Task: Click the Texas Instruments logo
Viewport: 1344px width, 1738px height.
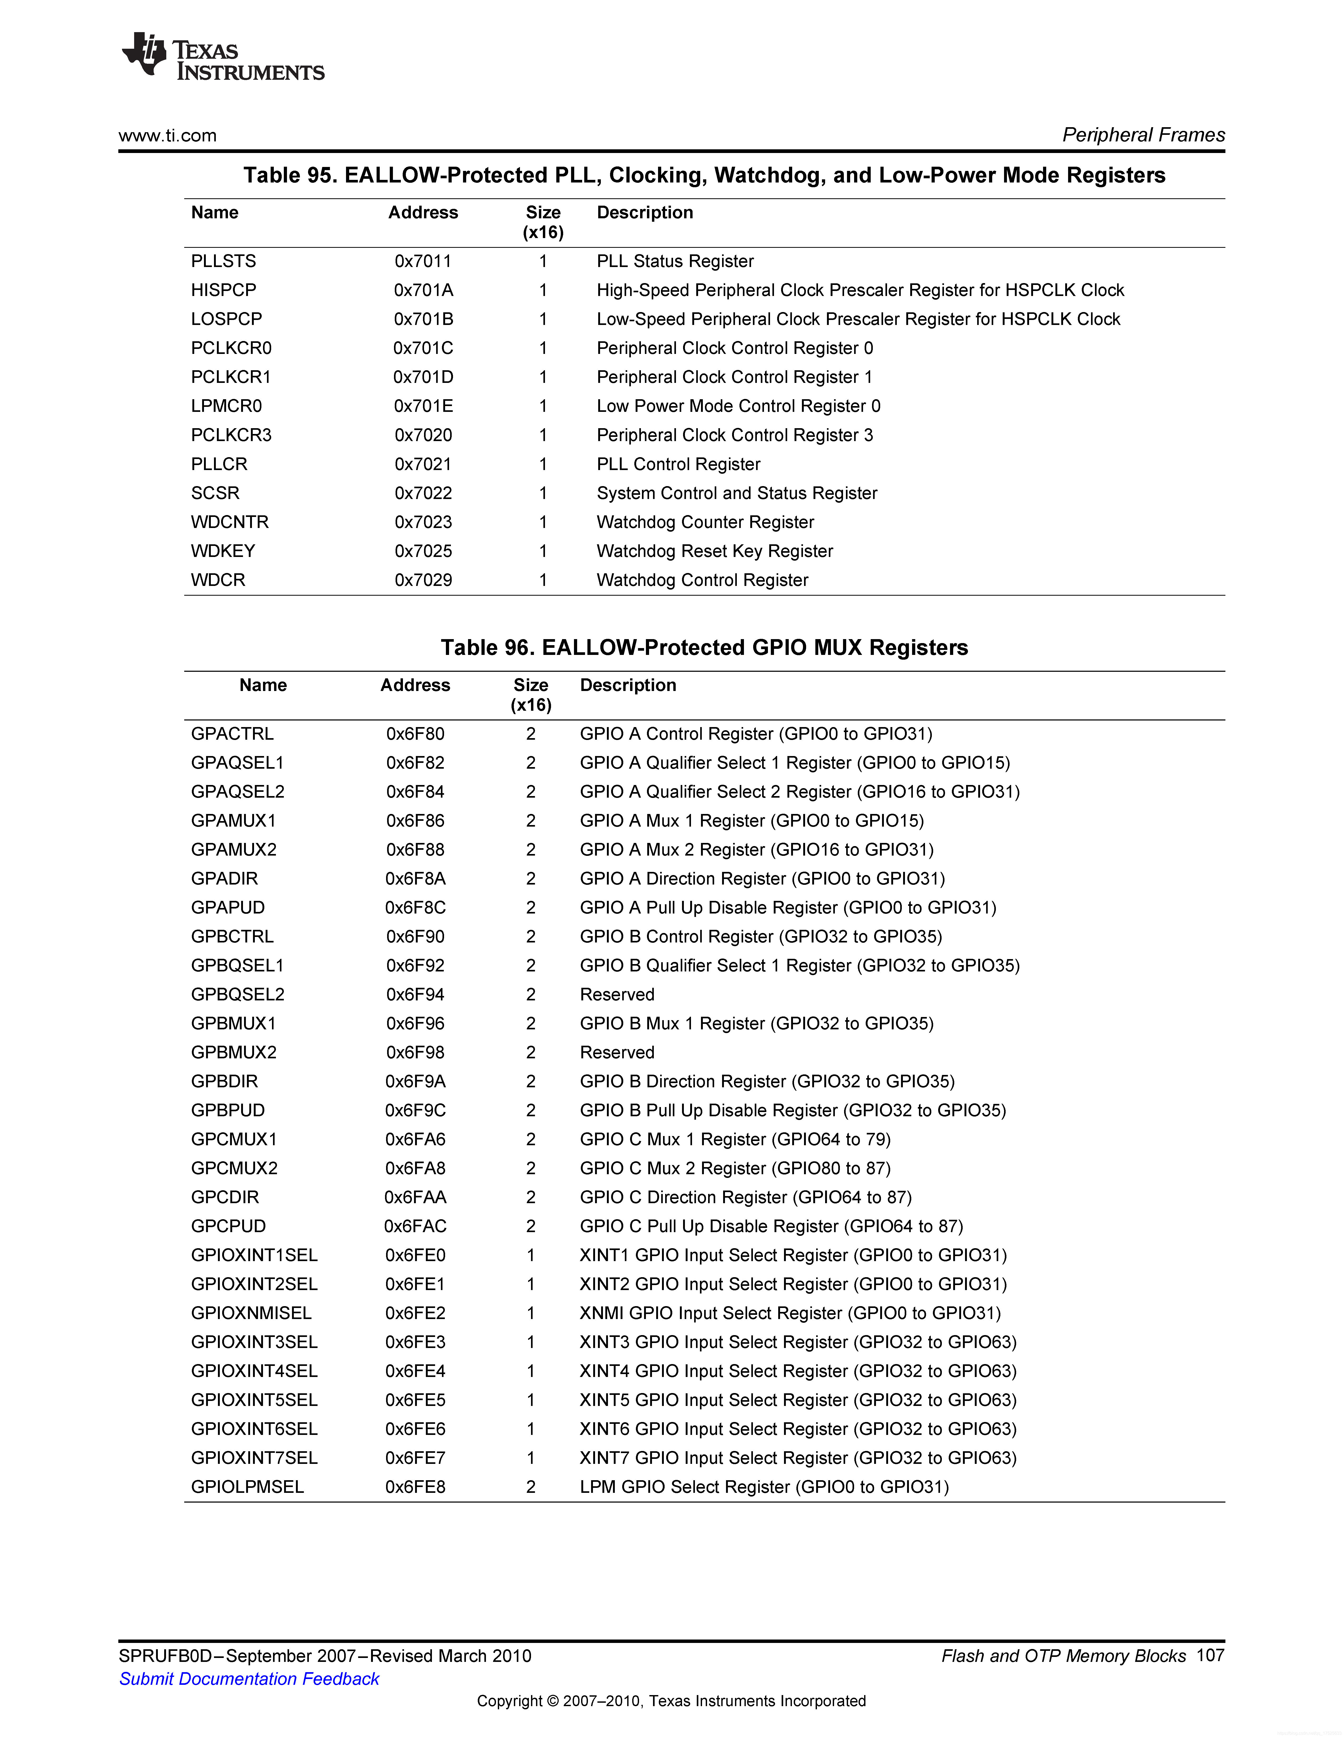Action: pos(223,57)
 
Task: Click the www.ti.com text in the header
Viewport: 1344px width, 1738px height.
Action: pos(167,135)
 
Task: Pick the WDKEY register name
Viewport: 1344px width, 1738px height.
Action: pos(223,551)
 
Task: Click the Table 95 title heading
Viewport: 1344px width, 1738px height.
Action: pos(704,175)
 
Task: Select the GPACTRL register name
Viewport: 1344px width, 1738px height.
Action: pos(232,734)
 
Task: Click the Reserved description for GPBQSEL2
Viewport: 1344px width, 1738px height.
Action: pos(617,995)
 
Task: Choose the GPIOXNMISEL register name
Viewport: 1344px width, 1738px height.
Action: pos(251,1313)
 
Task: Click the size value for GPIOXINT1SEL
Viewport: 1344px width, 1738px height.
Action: pos(530,1255)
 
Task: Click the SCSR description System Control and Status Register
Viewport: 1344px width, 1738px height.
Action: pos(737,493)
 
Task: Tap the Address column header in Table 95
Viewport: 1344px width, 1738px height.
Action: pos(423,213)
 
